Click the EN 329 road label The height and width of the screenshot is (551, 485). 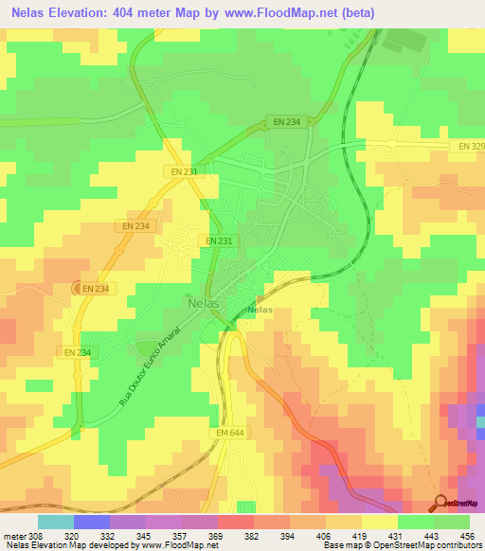(x=471, y=149)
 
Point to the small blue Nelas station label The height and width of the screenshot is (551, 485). (x=260, y=311)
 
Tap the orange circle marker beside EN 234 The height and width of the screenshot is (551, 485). (x=79, y=288)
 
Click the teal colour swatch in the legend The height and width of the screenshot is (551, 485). (x=55, y=521)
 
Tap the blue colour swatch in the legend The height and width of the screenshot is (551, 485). (x=91, y=521)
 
